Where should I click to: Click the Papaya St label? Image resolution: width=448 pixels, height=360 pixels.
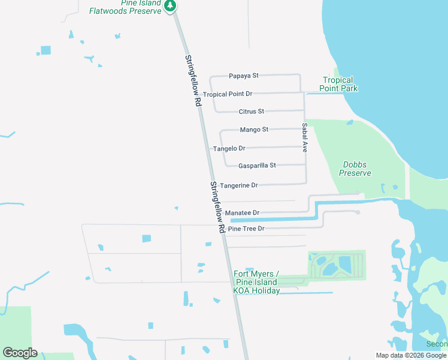243,76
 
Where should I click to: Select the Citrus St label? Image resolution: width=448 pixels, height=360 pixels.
251,112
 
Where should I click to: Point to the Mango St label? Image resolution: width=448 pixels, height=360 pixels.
254,130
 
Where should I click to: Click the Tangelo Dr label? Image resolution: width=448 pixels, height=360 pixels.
229,148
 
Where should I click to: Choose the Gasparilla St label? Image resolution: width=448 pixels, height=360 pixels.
257,166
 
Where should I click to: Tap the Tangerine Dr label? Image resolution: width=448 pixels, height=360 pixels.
238,185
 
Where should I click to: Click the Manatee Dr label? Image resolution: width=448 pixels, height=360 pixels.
243,213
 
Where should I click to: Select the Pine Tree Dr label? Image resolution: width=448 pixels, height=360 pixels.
246,229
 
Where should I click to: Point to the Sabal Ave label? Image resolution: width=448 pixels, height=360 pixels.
304,137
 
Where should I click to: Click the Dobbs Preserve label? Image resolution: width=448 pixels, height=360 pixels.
355,169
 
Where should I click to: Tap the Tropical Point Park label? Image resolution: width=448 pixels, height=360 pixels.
338,84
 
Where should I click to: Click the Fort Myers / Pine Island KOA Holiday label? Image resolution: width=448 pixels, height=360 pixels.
256,282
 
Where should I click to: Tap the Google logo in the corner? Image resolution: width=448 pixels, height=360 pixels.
20,352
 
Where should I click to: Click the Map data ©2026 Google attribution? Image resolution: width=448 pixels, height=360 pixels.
411,355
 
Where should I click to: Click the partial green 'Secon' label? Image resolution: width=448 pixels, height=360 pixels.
437,344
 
